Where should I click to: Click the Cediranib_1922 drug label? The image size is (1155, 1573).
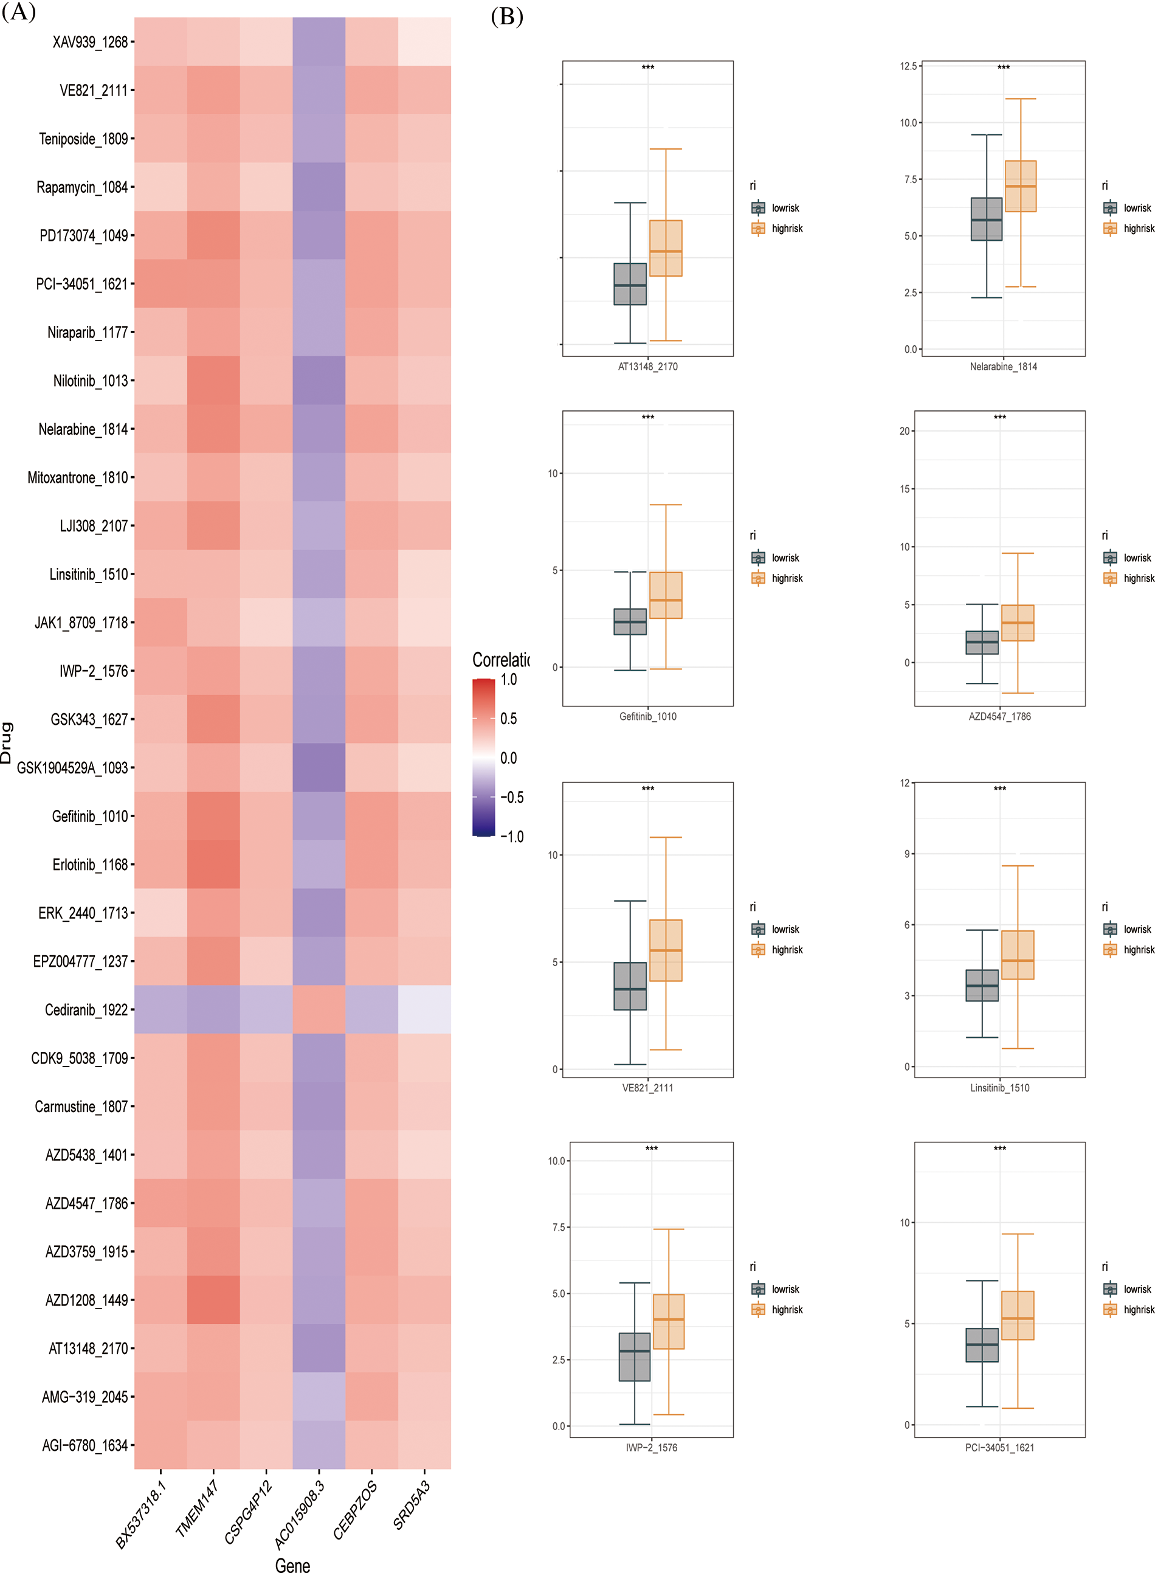coord(86,1009)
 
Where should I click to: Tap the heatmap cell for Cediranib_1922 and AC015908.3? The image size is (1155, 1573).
coord(319,1009)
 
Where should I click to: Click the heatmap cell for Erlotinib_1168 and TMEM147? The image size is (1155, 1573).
coord(213,864)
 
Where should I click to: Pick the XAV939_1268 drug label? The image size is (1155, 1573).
coord(90,42)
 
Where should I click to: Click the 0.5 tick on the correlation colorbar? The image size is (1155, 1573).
coord(508,719)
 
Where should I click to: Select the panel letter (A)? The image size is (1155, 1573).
coord(18,12)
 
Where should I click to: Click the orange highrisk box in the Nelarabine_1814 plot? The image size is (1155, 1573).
coord(1020,186)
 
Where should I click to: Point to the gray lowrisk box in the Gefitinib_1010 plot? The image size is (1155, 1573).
coord(630,621)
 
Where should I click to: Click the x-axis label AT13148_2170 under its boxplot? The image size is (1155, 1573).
coord(647,366)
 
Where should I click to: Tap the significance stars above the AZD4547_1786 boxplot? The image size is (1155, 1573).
coord(1000,417)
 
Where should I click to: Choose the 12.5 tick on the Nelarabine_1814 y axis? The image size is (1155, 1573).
coord(908,66)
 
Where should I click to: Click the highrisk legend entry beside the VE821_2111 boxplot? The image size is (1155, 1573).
coord(787,949)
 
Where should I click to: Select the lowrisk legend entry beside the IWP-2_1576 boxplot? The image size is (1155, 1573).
coord(784,1289)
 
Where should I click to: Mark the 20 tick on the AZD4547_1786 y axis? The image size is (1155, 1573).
coord(905,430)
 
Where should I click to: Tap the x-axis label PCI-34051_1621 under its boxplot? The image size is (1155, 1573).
coord(1000,1447)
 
